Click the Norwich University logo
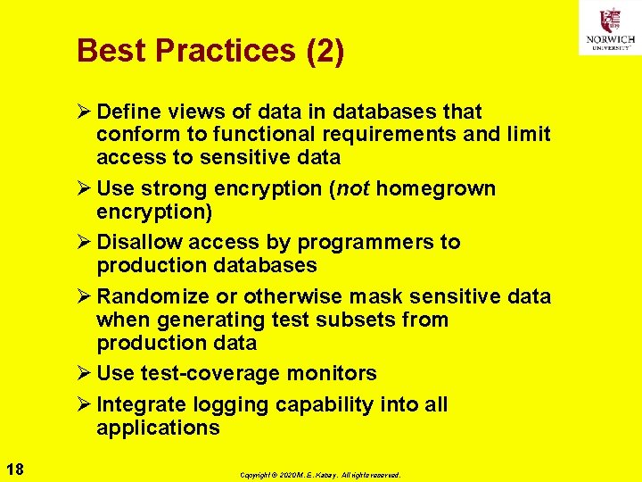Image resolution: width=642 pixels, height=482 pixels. point(609,28)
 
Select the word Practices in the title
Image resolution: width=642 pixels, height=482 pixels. point(210,51)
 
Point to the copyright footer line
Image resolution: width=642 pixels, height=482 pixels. point(320,475)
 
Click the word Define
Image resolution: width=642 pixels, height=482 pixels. point(128,112)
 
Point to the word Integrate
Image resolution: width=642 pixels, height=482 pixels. point(138,404)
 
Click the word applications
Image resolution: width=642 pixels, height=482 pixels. point(158,428)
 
